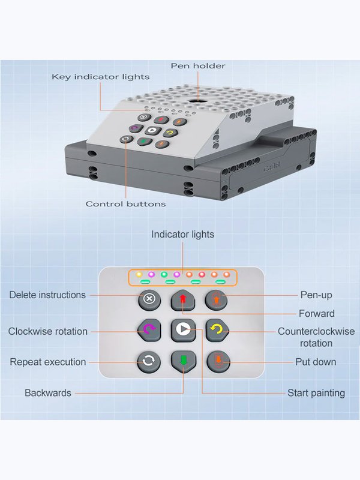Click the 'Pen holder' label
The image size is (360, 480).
[198, 66]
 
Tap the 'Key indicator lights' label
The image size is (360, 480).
[100, 77]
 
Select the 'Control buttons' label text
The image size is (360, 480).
[125, 204]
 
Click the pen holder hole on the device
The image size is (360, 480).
[195, 101]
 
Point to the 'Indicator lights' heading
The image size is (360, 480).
[183, 235]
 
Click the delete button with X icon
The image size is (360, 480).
[149, 299]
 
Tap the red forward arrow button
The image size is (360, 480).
[183, 300]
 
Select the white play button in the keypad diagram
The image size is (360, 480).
[183, 329]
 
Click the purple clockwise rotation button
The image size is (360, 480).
[149, 329]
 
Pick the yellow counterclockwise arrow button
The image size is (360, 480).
[217, 329]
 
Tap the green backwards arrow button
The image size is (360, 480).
[183, 361]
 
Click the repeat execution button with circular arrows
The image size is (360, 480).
[149, 362]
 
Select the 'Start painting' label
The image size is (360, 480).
[316, 393]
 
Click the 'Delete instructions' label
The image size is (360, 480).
[47, 295]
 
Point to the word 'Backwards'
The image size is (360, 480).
[48, 393]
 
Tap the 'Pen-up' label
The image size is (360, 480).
[316, 295]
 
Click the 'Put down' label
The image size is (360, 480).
[316, 362]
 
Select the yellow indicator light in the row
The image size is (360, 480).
[139, 274]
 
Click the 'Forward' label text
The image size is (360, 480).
[317, 314]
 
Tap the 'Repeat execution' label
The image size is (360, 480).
[48, 362]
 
